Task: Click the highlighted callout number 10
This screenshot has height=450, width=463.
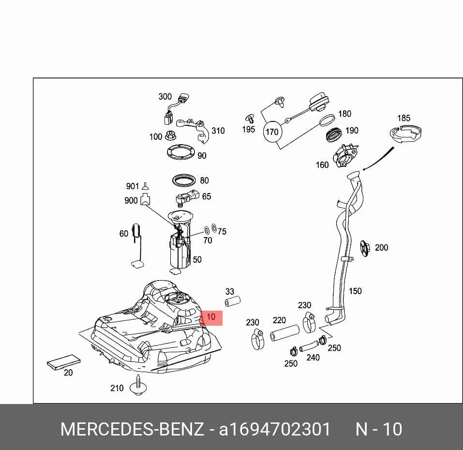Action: click(211, 317)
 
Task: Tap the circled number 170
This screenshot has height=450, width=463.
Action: click(272, 132)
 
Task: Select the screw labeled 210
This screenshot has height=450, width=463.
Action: click(138, 385)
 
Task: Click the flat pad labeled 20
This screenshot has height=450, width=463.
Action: click(64, 362)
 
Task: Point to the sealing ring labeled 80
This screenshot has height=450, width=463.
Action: click(184, 180)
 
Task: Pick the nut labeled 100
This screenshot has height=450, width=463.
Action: click(171, 135)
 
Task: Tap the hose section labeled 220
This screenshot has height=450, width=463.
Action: click(284, 333)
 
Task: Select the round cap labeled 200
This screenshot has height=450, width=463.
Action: click(365, 248)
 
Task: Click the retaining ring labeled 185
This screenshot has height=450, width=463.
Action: click(405, 134)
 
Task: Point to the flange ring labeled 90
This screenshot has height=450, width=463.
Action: click(181, 152)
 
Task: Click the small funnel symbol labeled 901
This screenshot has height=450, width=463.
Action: click(145, 186)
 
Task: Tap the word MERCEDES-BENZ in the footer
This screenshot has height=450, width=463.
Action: click(132, 429)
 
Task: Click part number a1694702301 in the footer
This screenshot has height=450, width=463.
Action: click(274, 429)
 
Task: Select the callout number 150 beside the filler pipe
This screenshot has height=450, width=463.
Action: click(355, 291)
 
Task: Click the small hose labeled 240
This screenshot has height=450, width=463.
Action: click(309, 346)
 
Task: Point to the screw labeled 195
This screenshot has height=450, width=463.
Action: click(250, 118)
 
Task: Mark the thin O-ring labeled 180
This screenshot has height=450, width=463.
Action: click(327, 120)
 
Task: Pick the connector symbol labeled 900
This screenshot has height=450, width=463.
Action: click(145, 199)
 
